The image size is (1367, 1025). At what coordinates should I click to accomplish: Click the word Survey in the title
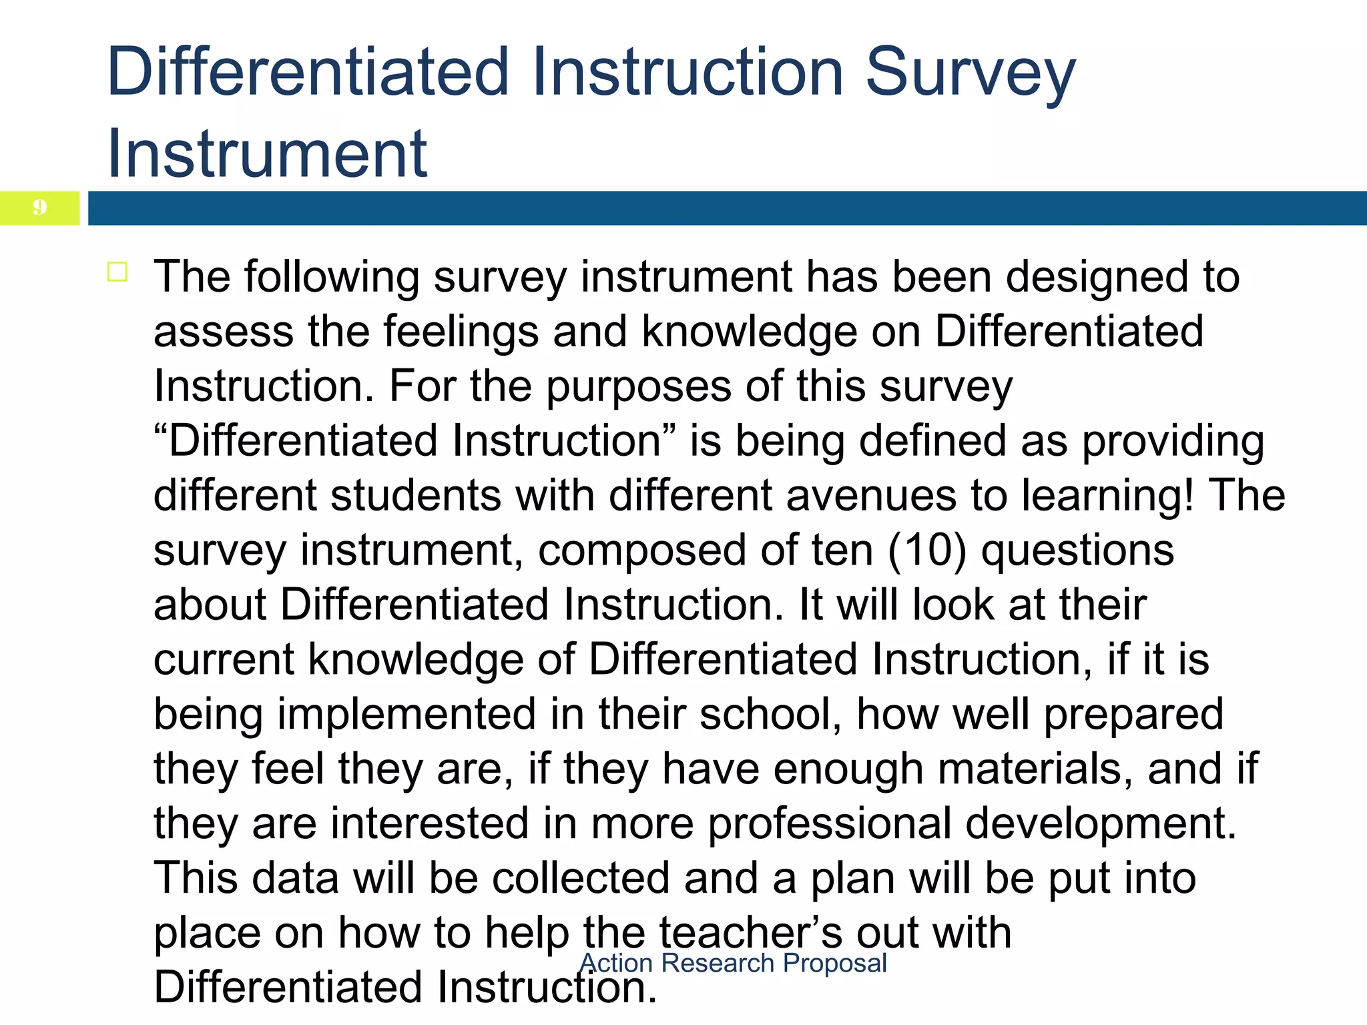pos(970,73)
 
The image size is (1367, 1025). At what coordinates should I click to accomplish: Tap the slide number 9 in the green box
pos(40,208)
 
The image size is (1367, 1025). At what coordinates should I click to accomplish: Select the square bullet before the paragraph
pos(117,272)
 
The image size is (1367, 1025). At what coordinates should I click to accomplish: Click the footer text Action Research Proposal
pos(734,963)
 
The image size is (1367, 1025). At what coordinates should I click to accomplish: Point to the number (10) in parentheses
pos(927,551)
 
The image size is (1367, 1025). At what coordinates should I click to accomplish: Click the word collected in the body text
pos(580,878)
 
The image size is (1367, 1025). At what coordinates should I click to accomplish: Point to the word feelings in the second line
pos(461,332)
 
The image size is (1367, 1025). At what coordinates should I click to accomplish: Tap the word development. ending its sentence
pos(1101,823)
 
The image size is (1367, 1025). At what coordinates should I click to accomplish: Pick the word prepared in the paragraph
pos(1133,714)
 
